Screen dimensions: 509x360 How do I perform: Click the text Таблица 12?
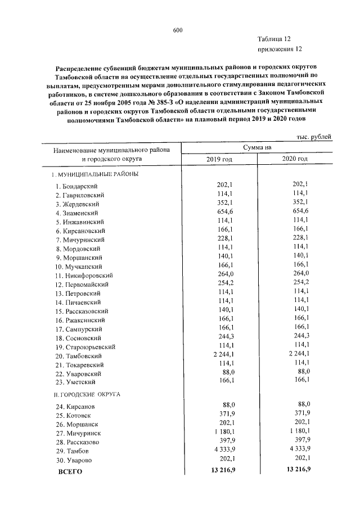click(x=274, y=39)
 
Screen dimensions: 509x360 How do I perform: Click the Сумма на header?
click(x=257, y=147)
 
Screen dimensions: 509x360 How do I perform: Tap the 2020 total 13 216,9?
click(x=299, y=469)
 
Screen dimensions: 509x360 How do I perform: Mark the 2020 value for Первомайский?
click(x=300, y=283)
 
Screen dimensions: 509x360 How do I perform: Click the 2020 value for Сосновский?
click(x=300, y=337)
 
